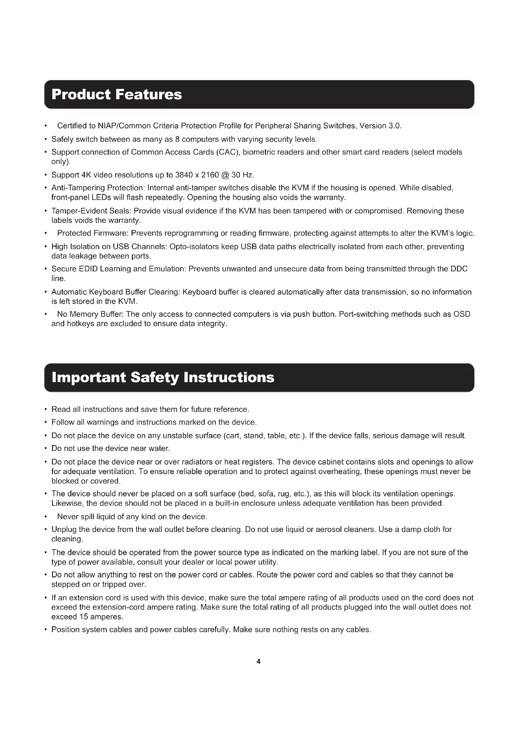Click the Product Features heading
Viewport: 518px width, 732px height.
pyautogui.click(x=117, y=95)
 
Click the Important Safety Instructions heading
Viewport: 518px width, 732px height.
pyautogui.click(x=163, y=377)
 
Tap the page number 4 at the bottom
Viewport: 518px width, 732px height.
pyautogui.click(x=258, y=661)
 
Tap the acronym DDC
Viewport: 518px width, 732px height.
pyautogui.click(x=459, y=269)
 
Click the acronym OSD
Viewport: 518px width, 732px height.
pyautogui.click(x=462, y=314)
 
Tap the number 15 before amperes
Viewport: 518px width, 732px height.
pyautogui.click(x=84, y=617)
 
